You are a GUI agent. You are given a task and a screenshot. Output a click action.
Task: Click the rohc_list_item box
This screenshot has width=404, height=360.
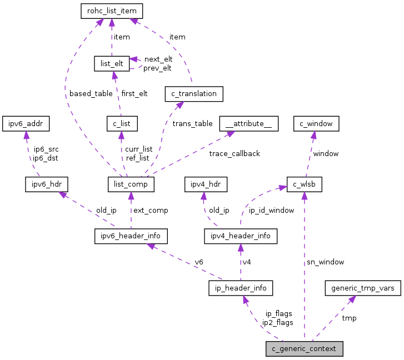tap(112, 11)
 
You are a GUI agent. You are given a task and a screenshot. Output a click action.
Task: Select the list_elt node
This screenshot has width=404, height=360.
tap(112, 63)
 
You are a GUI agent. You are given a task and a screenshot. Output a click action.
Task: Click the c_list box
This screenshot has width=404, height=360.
tap(122, 123)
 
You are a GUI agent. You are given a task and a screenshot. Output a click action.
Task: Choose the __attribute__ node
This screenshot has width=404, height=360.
tap(248, 123)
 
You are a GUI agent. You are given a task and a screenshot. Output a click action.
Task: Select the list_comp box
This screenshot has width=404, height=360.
tap(131, 183)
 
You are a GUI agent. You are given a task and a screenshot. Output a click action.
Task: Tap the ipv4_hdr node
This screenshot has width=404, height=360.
tap(206, 183)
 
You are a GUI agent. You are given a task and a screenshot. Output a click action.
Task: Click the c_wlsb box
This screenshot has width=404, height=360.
tap(304, 183)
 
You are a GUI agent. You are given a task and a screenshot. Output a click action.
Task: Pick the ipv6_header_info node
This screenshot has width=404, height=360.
tap(131, 236)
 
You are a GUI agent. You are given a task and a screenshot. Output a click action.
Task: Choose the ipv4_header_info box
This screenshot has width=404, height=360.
tap(241, 236)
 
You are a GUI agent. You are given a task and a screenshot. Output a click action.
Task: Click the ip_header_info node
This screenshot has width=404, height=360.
tap(241, 288)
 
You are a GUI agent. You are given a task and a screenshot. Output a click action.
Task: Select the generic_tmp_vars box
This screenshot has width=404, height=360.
tap(362, 288)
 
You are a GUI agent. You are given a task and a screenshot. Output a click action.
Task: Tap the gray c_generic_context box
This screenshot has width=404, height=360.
tap(304, 349)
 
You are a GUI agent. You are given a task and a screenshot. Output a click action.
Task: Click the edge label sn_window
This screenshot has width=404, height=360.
tap(325, 262)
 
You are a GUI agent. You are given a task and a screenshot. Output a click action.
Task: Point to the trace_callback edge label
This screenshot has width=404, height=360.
tap(235, 153)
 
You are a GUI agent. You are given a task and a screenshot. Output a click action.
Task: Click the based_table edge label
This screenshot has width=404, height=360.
tap(91, 93)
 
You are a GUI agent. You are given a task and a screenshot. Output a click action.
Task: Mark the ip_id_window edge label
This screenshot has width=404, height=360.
tap(271, 211)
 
